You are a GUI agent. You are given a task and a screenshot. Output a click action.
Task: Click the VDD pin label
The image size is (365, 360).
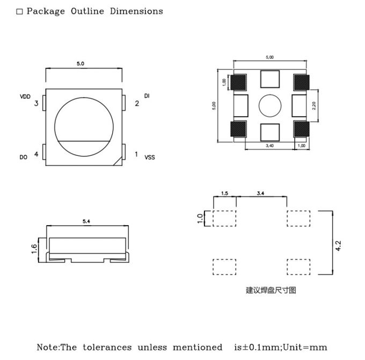tap(25, 97)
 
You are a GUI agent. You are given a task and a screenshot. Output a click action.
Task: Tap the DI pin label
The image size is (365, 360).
tap(147, 96)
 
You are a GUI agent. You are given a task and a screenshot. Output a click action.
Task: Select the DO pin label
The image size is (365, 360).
tap(23, 157)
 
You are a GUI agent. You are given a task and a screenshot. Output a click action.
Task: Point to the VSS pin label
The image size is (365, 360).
tap(150, 157)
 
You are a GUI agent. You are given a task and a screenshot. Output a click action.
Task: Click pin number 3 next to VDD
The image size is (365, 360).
tap(36, 103)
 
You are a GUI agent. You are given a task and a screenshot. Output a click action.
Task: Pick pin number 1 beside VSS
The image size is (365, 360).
tap(136, 155)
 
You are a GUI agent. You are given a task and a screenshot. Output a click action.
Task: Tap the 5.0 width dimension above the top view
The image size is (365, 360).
tap(81, 64)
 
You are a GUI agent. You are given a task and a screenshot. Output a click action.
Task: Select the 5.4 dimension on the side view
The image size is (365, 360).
tap(86, 221)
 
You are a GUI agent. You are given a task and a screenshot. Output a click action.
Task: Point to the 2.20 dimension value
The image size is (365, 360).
tap(314, 106)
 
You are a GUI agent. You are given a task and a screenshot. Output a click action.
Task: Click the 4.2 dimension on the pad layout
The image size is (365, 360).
tap(338, 246)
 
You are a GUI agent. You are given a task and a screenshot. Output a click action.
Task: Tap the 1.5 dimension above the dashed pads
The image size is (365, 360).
tap(224, 193)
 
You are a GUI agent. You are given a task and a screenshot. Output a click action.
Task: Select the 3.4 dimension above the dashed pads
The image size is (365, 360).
tap(260, 193)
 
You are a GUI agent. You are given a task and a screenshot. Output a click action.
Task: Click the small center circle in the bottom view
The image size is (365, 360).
tap(270, 106)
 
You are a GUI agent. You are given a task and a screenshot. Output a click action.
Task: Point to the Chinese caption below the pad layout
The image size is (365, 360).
tap(271, 290)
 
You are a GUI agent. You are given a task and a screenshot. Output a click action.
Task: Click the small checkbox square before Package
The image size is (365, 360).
tap(20, 12)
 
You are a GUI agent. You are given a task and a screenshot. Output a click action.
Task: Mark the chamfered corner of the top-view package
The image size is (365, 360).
tap(118, 161)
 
